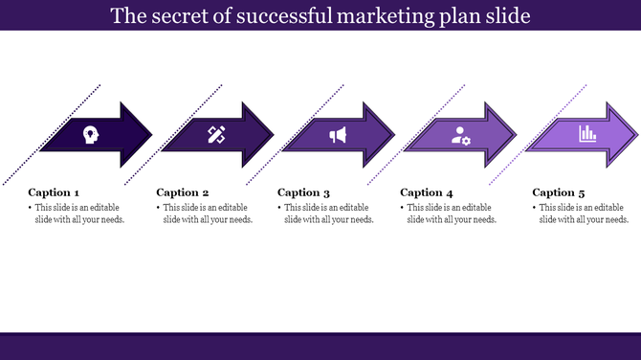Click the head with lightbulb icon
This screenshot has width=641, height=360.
tap(92, 135)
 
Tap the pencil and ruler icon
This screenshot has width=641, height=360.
tap(215, 135)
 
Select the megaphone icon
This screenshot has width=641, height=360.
tap(338, 135)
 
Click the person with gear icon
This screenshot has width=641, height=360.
tap(461, 135)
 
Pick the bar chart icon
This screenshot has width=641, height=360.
tap(586, 135)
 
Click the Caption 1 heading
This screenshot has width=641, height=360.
tap(55, 192)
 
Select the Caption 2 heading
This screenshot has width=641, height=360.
tap(182, 192)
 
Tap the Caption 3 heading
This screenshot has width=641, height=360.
tap(304, 192)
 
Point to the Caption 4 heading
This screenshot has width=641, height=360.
tap(427, 192)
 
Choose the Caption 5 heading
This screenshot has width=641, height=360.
tap(559, 192)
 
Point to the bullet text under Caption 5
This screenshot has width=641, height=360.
tap(583, 214)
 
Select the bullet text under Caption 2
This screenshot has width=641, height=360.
tap(207, 214)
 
